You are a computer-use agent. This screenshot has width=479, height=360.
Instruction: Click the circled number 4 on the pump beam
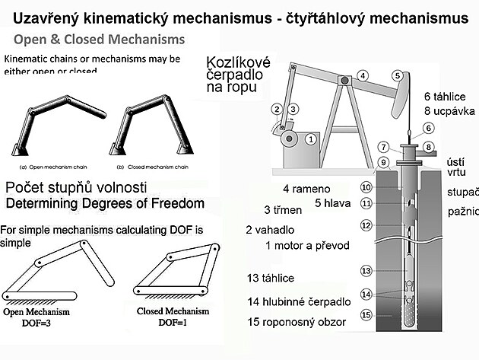coord(363,75)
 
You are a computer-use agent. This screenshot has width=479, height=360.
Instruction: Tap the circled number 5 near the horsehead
coord(398,75)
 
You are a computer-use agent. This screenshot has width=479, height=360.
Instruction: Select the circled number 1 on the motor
coord(310,139)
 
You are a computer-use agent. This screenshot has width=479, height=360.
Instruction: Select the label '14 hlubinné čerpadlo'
coord(300,301)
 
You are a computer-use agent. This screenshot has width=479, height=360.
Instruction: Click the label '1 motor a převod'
coord(309,245)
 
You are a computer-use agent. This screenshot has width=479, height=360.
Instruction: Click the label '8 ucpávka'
coord(449,111)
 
